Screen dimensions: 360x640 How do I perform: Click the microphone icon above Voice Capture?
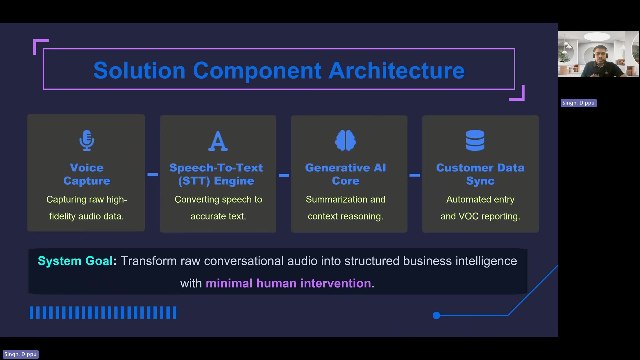coord(87,140)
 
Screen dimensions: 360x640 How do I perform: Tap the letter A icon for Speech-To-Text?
coord(218,141)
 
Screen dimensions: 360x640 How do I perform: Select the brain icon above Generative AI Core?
coord(345,140)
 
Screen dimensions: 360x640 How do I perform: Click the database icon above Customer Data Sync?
coord(475,140)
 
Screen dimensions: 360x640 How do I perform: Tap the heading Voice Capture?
coord(87,174)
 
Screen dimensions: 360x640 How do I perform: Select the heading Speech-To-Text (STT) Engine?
coord(216,174)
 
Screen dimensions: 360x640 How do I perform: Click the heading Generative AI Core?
coord(345,174)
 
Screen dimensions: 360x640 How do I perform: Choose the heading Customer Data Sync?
coord(480,174)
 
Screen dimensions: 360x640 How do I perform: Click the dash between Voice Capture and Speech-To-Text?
coord(153,175)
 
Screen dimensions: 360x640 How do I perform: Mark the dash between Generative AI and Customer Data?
coord(414,175)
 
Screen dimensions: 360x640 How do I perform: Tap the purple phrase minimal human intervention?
coord(288,283)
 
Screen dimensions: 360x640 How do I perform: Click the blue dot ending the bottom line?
coord(436,315)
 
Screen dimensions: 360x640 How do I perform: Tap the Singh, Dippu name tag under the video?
coord(578,103)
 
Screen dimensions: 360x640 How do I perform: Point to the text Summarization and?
coord(345,199)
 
